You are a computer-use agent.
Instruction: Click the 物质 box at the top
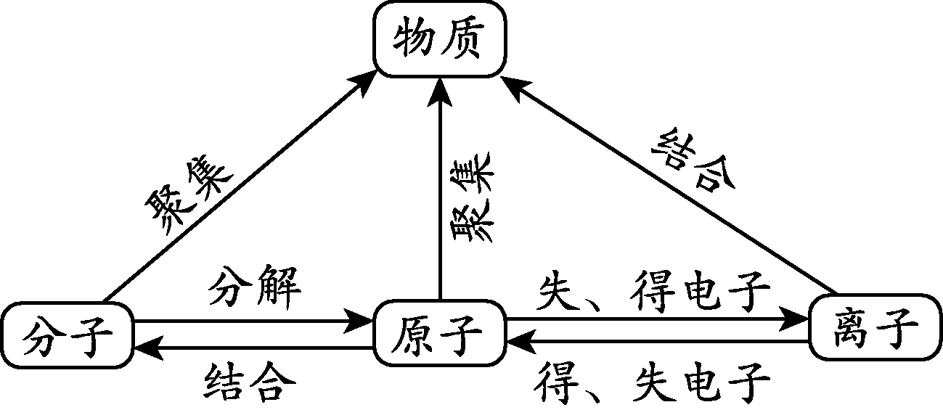tap(438, 41)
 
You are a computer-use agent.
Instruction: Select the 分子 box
tap(68, 335)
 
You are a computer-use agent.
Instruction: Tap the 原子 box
tap(439, 335)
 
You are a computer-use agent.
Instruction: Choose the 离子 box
tap(875, 327)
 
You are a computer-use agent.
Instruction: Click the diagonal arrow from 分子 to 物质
tap(240, 189)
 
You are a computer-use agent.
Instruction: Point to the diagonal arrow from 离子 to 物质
tap(668, 189)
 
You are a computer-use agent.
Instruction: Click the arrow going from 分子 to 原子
tap(254, 321)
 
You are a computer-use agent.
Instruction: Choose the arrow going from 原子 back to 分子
tap(254, 349)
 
